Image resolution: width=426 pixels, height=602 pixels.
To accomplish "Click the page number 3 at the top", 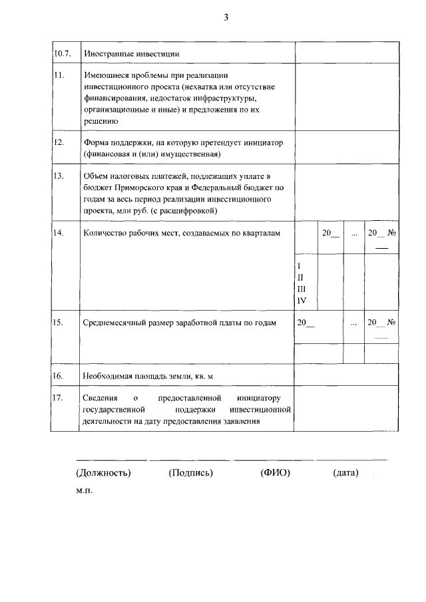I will [226, 17].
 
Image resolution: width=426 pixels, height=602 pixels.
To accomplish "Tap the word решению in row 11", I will [101, 121].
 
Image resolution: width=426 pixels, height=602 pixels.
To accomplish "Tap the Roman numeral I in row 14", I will [299, 266].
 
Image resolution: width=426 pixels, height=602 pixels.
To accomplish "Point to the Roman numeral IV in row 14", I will [301, 301].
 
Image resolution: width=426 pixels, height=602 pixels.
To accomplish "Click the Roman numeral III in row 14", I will [301, 289].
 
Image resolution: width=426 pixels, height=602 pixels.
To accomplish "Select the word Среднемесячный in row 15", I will [116, 323].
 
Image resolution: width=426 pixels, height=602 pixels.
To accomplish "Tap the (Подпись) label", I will [191, 473].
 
